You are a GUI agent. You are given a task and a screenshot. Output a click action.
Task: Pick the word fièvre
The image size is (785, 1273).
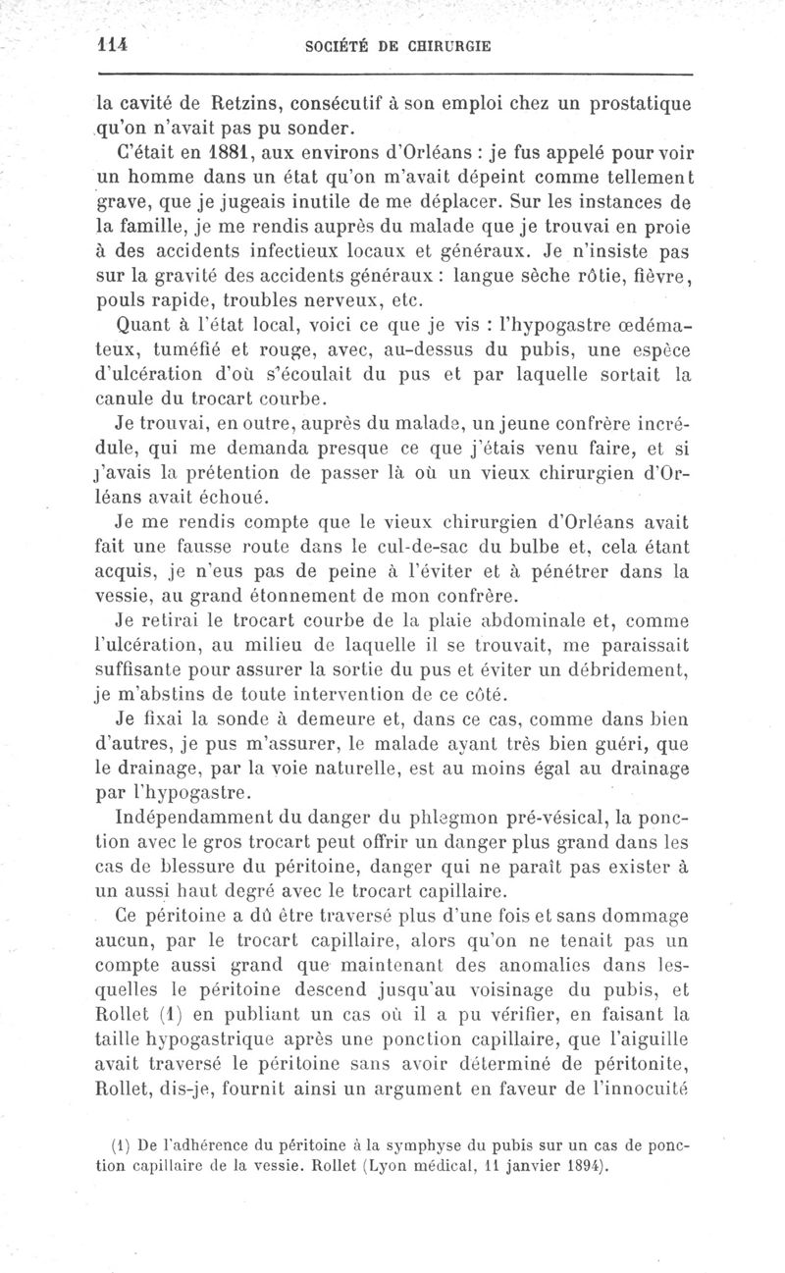[x=657, y=276]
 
